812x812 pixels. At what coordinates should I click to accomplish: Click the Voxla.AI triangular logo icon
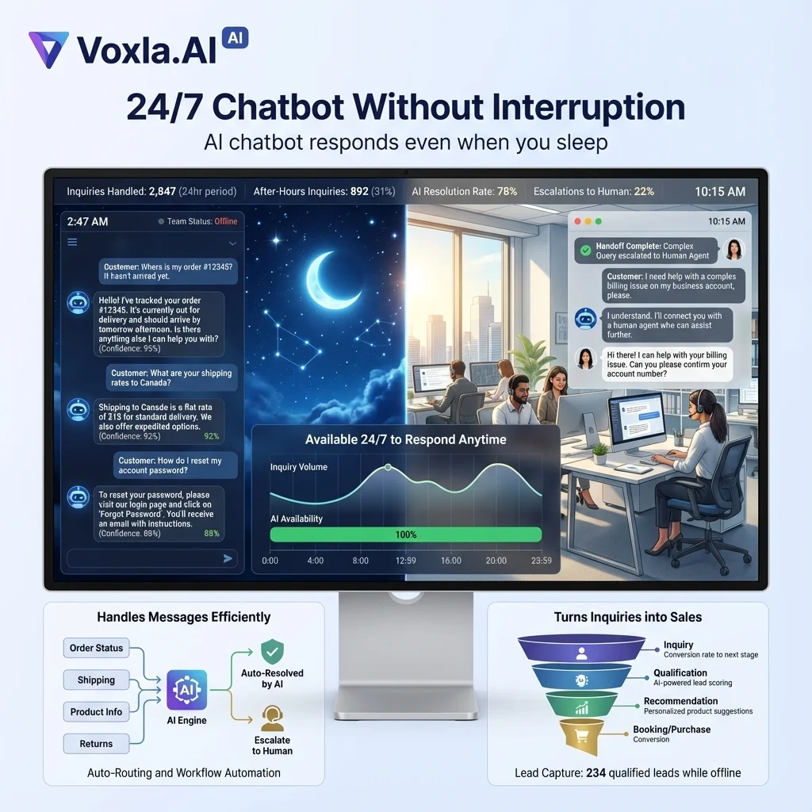(x=48, y=49)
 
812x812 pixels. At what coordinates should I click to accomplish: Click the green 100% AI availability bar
(x=405, y=534)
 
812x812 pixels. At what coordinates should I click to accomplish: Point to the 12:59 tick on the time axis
(x=405, y=561)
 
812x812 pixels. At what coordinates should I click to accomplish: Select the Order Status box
(x=96, y=648)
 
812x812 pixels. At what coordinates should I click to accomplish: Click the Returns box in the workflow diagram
(x=96, y=744)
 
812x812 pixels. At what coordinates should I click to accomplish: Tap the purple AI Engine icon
(x=187, y=690)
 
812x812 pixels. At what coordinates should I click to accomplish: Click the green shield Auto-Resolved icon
(x=273, y=652)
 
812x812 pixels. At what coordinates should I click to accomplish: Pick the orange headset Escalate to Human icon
(x=273, y=718)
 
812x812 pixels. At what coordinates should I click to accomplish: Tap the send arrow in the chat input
(x=228, y=559)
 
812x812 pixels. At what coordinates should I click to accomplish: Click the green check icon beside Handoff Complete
(x=585, y=251)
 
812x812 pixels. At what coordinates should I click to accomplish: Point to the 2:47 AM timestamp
(x=88, y=221)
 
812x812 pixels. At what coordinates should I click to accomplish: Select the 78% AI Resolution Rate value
(x=507, y=191)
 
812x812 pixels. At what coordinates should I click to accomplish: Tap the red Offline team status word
(x=226, y=222)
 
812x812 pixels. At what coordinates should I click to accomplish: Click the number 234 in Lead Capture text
(x=596, y=773)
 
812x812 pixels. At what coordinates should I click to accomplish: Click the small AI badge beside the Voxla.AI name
(x=236, y=36)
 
